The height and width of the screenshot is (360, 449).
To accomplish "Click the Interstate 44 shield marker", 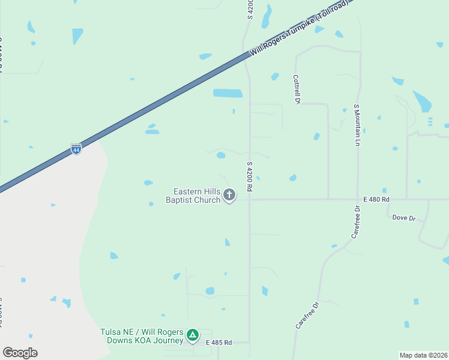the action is (x=76, y=149).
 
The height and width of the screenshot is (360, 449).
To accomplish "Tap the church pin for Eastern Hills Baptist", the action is (x=229, y=194).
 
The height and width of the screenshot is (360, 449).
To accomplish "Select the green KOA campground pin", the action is (x=192, y=335).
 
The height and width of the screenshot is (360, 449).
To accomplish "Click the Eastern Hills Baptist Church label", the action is (x=193, y=196).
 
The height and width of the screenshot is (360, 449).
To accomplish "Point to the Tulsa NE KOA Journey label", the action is (x=142, y=336).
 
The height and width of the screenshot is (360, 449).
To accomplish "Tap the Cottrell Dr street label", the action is (x=297, y=89).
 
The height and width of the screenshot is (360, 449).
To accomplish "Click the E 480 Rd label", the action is (x=376, y=199).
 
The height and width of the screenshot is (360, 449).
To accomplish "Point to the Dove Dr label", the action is (x=403, y=218).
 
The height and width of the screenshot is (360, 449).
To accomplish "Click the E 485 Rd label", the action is (x=218, y=343).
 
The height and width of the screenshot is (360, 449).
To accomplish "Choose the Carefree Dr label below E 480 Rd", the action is (x=355, y=222).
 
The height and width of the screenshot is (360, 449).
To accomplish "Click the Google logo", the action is (x=20, y=352).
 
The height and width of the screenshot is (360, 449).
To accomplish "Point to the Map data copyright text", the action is (x=423, y=355).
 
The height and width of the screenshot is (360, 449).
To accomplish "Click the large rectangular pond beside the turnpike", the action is (x=228, y=93).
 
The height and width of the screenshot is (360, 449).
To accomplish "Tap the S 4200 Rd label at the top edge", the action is (x=250, y=9).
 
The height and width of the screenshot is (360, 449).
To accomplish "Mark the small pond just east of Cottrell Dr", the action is (x=316, y=136).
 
